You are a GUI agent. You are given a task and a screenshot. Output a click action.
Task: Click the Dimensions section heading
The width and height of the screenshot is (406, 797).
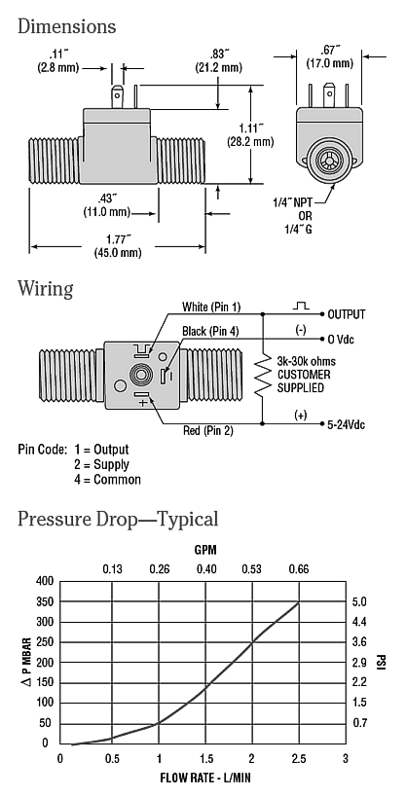pos(66,26)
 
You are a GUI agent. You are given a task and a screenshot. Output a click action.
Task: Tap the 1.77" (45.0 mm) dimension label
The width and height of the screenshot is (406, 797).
pos(118,245)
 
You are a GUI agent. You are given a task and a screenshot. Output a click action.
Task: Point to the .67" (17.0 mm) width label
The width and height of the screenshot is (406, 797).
pos(329,56)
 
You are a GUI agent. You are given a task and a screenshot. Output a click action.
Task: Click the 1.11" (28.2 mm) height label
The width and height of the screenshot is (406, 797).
pos(250,134)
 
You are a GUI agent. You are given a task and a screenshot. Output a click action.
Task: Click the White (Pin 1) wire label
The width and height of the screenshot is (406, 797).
pos(211,307)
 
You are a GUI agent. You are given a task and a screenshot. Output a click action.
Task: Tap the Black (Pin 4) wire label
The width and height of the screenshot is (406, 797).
pos(210,332)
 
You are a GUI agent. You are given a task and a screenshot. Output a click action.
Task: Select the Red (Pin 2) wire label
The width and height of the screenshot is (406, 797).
pos(208,431)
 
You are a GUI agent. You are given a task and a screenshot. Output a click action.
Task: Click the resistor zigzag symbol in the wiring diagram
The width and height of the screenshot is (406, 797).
pos(263,375)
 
